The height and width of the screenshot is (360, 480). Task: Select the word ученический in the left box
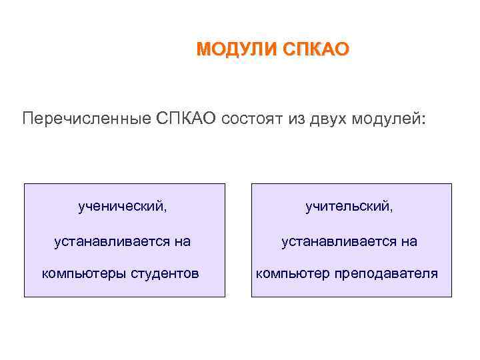[x=121, y=207]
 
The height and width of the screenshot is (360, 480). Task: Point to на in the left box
[x=183, y=241]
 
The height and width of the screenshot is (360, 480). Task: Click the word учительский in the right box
[x=348, y=207]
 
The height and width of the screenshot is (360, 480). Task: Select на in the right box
[x=409, y=241]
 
